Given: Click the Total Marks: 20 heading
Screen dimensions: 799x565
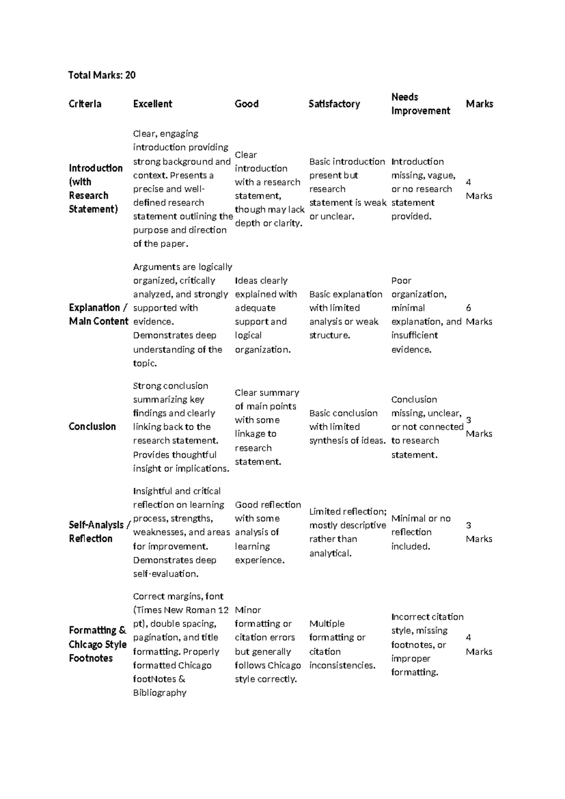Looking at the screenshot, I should click(102, 75).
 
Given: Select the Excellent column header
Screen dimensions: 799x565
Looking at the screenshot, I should click(153, 104).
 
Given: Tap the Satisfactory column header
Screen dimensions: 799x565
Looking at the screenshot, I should click(334, 104).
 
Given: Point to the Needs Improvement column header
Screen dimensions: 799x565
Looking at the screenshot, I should click(420, 104).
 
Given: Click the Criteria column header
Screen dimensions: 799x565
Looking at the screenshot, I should click(85, 104).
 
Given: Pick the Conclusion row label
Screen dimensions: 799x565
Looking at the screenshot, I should click(92, 426).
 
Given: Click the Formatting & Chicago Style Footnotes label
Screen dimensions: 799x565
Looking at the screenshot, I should click(97, 644).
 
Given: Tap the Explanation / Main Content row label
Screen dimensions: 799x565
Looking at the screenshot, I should click(98, 314).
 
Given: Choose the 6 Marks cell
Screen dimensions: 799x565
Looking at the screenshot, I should click(478, 315).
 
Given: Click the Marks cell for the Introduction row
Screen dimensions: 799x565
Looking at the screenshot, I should click(478, 189).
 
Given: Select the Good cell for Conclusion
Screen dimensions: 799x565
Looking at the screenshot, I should click(266, 427).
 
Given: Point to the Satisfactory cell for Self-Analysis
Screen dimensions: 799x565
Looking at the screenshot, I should click(347, 532).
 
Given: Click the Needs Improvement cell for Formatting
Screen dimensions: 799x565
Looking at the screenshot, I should click(427, 644).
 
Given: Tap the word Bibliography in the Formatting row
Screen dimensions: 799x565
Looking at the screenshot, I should click(160, 693).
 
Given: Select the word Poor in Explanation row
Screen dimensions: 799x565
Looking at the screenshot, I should click(401, 281).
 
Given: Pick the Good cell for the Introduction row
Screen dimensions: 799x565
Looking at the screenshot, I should click(269, 189).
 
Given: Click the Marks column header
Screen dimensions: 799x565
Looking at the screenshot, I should click(479, 104).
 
